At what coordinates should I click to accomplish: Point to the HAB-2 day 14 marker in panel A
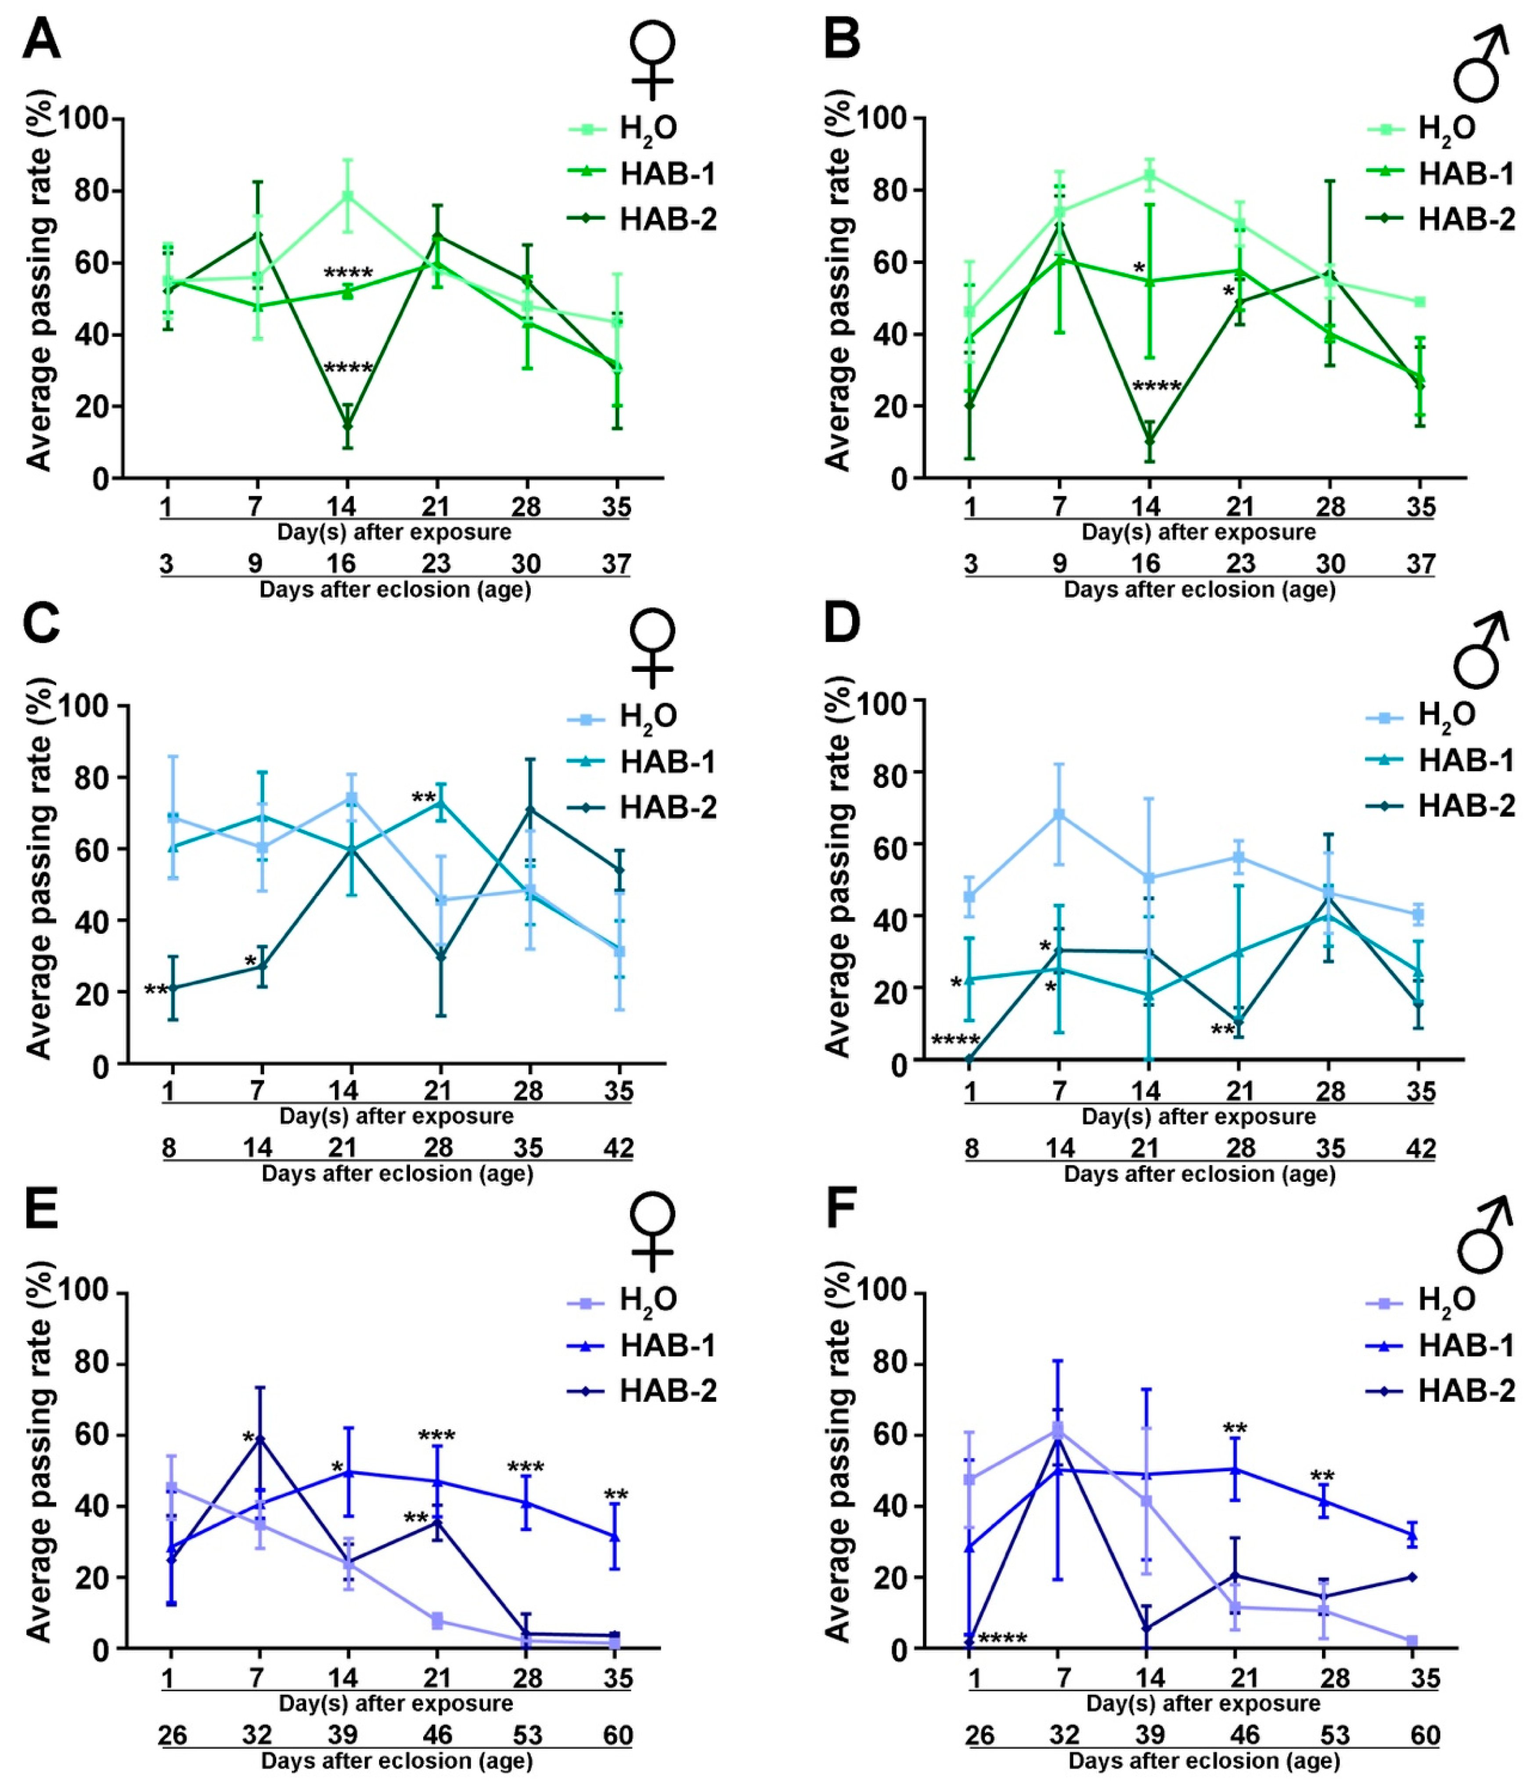(347, 425)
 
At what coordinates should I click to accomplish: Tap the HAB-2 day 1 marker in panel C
(173, 989)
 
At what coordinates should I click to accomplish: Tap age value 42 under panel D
(1420, 1149)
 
